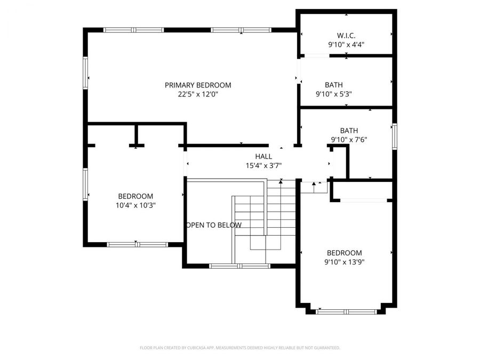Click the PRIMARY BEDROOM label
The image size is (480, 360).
198,85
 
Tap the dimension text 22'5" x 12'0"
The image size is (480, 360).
198,94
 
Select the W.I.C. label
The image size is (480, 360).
346,36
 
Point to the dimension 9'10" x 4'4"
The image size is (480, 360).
346,45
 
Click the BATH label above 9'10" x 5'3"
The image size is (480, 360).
334,85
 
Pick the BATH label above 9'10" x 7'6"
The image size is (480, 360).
349,131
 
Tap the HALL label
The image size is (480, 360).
263,156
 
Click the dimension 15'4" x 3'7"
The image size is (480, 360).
263,166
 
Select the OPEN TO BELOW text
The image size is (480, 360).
213,225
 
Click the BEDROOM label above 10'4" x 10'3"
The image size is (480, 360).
135,196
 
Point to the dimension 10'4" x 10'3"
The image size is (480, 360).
135,205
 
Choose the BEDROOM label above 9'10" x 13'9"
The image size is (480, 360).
344,253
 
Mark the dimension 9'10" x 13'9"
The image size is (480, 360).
344,262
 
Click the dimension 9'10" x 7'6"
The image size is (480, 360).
349,140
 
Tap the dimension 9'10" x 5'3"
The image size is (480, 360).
334,94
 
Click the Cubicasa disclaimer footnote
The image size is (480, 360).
239,348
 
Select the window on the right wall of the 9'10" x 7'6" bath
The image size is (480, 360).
395,135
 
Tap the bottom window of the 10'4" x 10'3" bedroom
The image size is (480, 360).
137,244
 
